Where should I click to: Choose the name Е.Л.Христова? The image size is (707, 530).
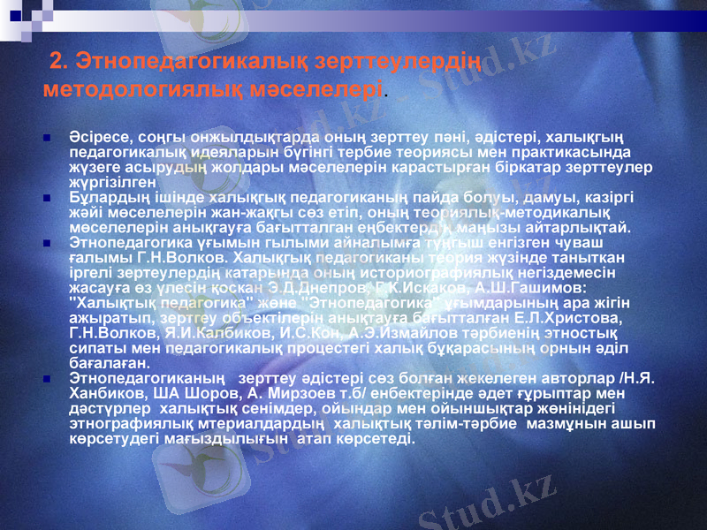[575, 317]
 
